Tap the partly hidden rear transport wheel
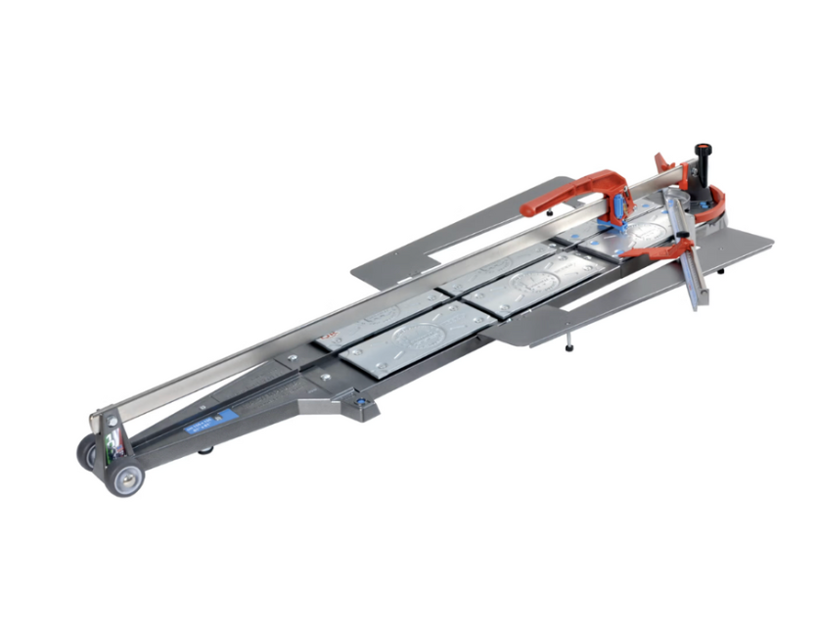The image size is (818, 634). [x=88, y=453]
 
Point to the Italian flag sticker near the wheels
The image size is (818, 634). [x=118, y=446]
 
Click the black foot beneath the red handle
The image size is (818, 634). [x=552, y=212]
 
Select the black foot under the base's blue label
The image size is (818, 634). [x=204, y=450]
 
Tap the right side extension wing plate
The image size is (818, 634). [x=636, y=284]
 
